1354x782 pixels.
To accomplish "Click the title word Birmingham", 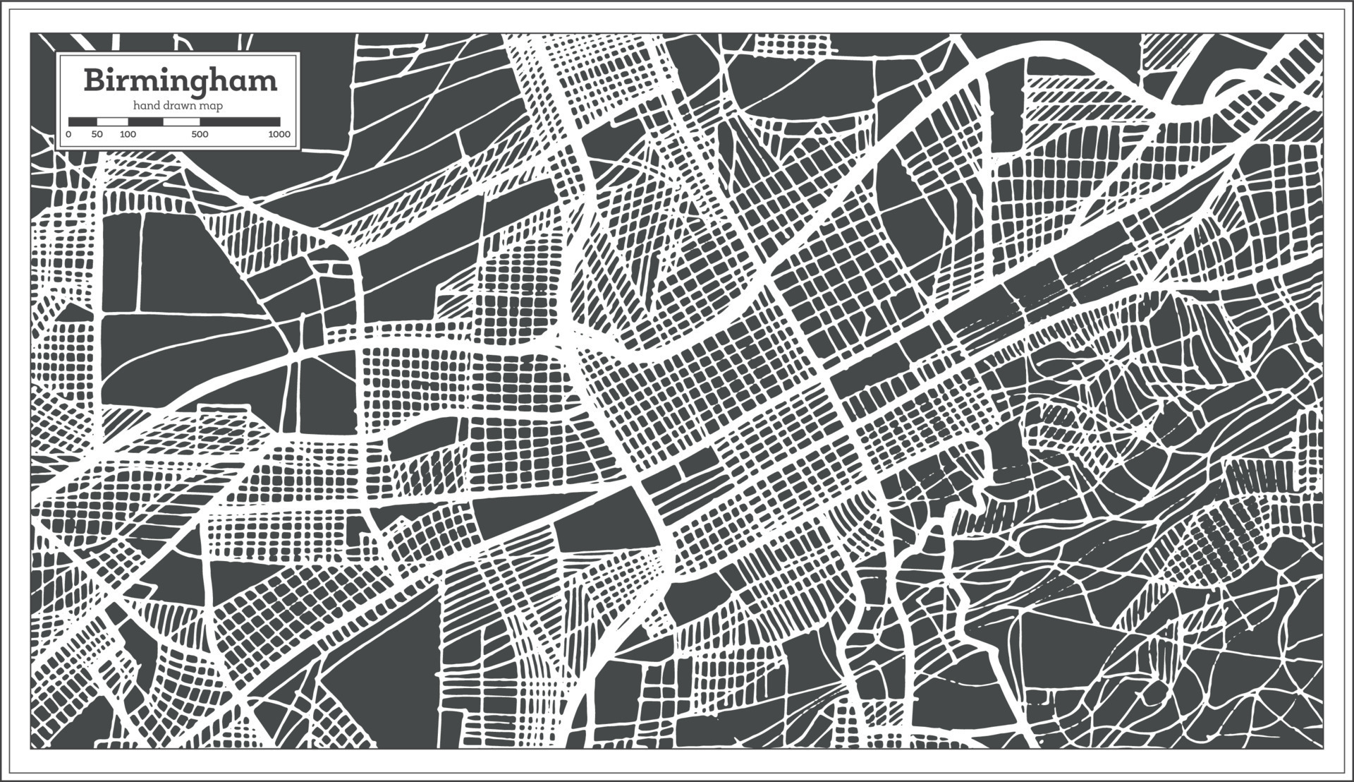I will (181, 81).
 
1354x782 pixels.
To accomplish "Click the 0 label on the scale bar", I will (68, 134).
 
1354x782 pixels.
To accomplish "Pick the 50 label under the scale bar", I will (97, 134).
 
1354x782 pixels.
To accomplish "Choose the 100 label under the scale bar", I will (128, 134).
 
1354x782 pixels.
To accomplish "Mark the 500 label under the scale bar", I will (200, 134).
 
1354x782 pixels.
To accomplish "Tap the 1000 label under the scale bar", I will (279, 134).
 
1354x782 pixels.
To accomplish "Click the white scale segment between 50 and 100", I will (112, 122).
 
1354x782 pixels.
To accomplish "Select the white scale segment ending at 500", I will (181, 122).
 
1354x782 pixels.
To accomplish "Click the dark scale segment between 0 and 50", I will (83, 122).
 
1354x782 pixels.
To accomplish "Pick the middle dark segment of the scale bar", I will (146, 122).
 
